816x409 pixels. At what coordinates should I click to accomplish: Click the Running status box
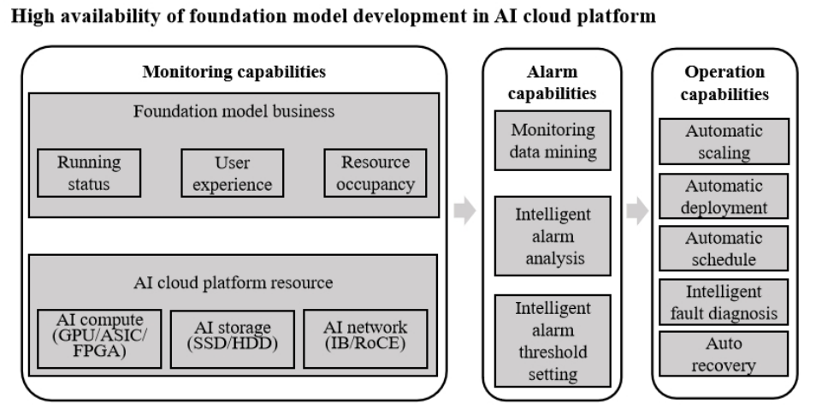click(x=90, y=173)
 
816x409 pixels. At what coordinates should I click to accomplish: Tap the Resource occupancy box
click(x=375, y=173)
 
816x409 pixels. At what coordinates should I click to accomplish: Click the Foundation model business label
click(x=234, y=112)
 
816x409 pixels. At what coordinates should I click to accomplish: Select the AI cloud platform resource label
click(x=233, y=284)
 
